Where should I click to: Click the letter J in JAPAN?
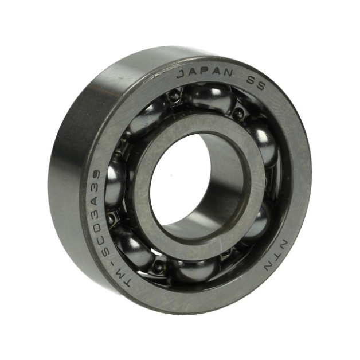(180, 74)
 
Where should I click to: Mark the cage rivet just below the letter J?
(174, 97)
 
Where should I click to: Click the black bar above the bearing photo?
(180, 22)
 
